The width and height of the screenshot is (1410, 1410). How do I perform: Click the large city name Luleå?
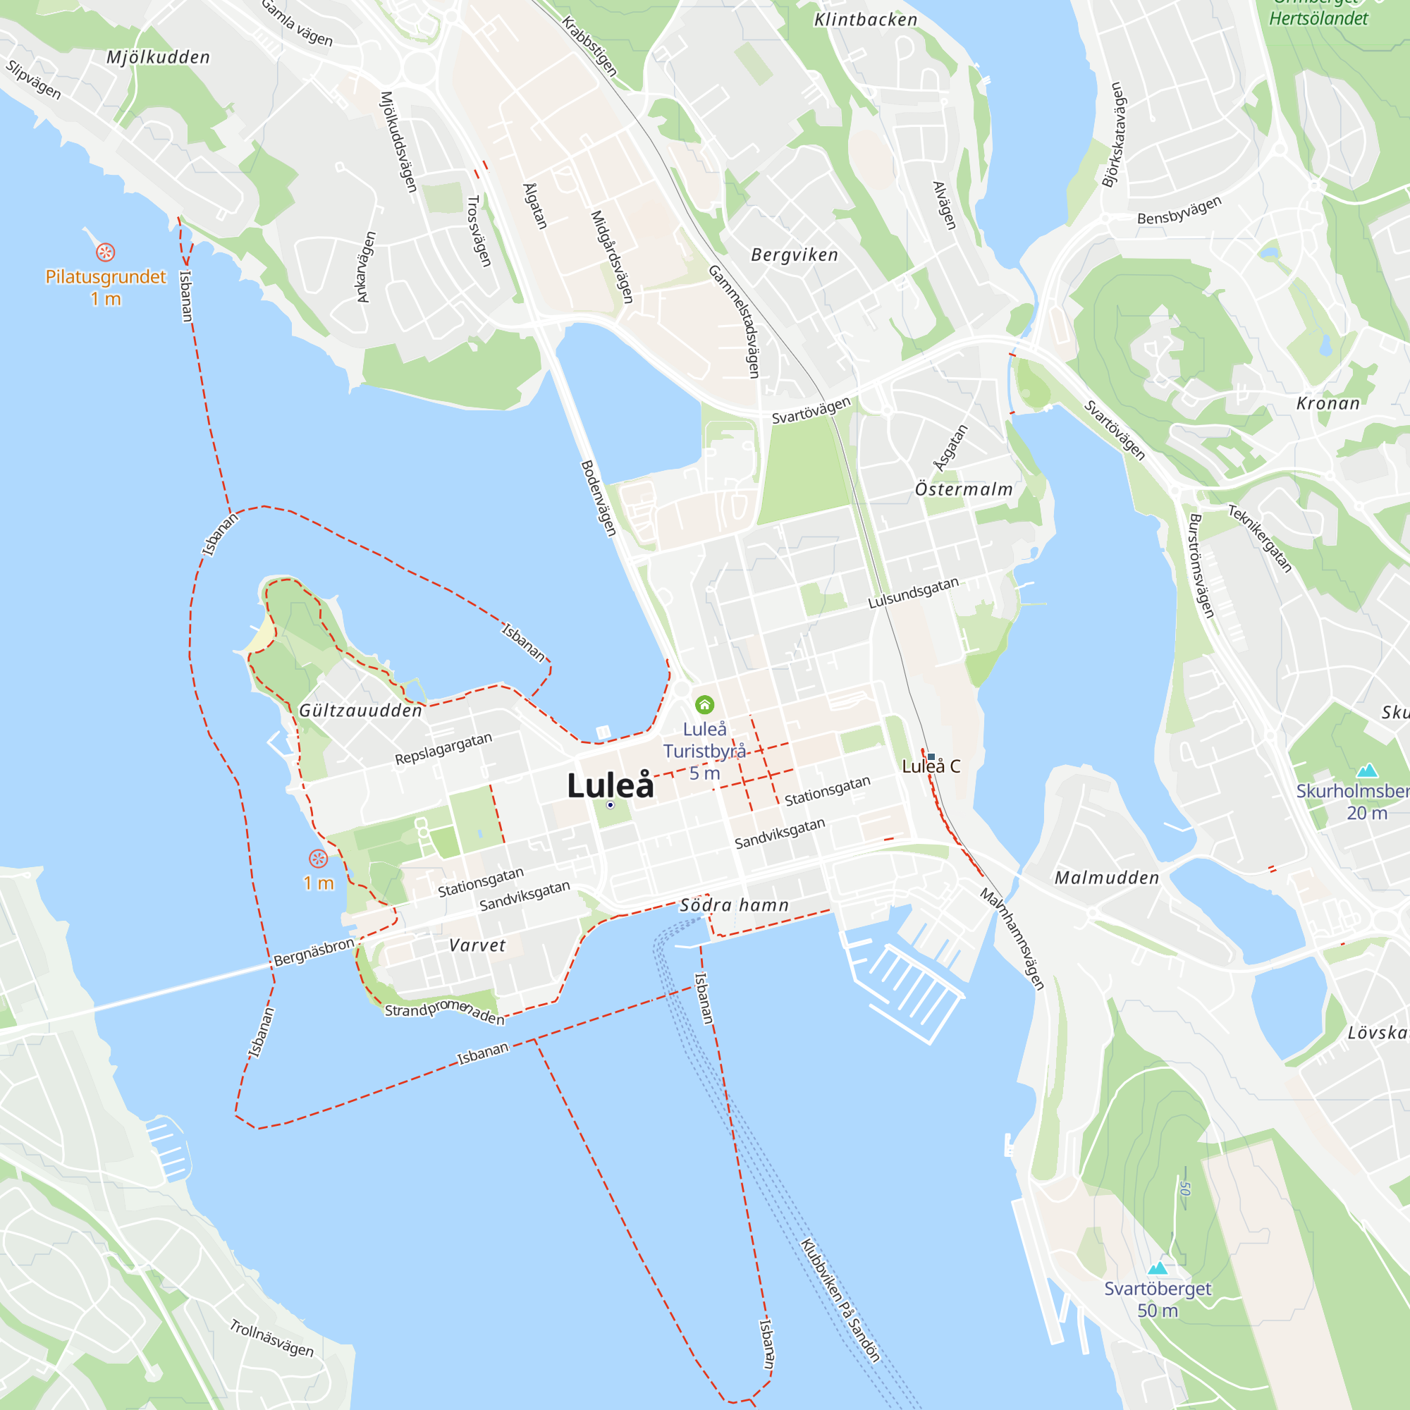[610, 786]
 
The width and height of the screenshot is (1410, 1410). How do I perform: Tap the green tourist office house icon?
[704, 704]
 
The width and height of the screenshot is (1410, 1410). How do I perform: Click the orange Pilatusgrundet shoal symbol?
[106, 252]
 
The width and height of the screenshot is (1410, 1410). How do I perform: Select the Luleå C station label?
[931, 766]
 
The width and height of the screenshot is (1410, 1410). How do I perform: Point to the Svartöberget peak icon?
[1158, 1268]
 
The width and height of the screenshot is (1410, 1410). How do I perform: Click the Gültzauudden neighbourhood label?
[360, 711]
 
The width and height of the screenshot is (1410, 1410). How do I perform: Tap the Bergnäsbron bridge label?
[314, 952]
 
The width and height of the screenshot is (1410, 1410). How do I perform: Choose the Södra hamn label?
[734, 906]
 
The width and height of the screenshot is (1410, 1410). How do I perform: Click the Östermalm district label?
[964, 490]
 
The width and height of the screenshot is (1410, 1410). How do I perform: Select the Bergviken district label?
[795, 255]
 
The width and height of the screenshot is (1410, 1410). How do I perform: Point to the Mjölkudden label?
[159, 57]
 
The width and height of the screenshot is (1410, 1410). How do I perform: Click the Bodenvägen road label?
[599, 498]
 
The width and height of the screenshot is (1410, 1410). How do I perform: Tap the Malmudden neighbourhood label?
[1107, 878]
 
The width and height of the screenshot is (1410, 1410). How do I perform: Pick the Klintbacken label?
[866, 20]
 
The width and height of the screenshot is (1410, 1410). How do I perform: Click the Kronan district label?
[1328, 403]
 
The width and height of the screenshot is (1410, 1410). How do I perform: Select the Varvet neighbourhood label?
[477, 946]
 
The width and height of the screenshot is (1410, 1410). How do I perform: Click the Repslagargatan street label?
[443, 749]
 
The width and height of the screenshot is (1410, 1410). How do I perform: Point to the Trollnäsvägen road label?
[271, 1339]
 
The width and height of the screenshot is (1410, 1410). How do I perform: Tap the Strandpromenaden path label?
[444, 1012]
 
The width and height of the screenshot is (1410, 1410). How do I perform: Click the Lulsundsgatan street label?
[913, 593]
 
